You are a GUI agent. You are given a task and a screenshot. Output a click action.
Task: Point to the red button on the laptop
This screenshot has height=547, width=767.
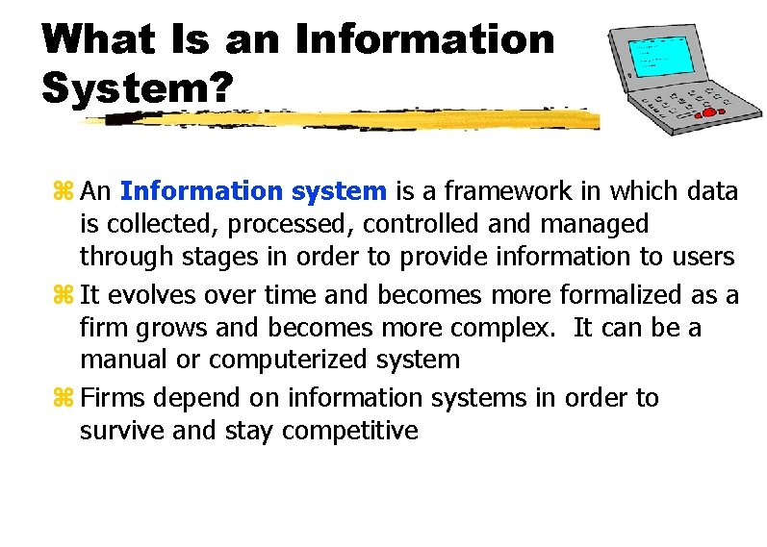710,112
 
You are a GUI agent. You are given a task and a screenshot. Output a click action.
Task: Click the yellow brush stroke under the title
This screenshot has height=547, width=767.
337,119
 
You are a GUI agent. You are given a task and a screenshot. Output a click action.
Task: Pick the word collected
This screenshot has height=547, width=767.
150,224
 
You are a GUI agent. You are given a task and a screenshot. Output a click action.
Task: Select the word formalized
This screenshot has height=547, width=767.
620,293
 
